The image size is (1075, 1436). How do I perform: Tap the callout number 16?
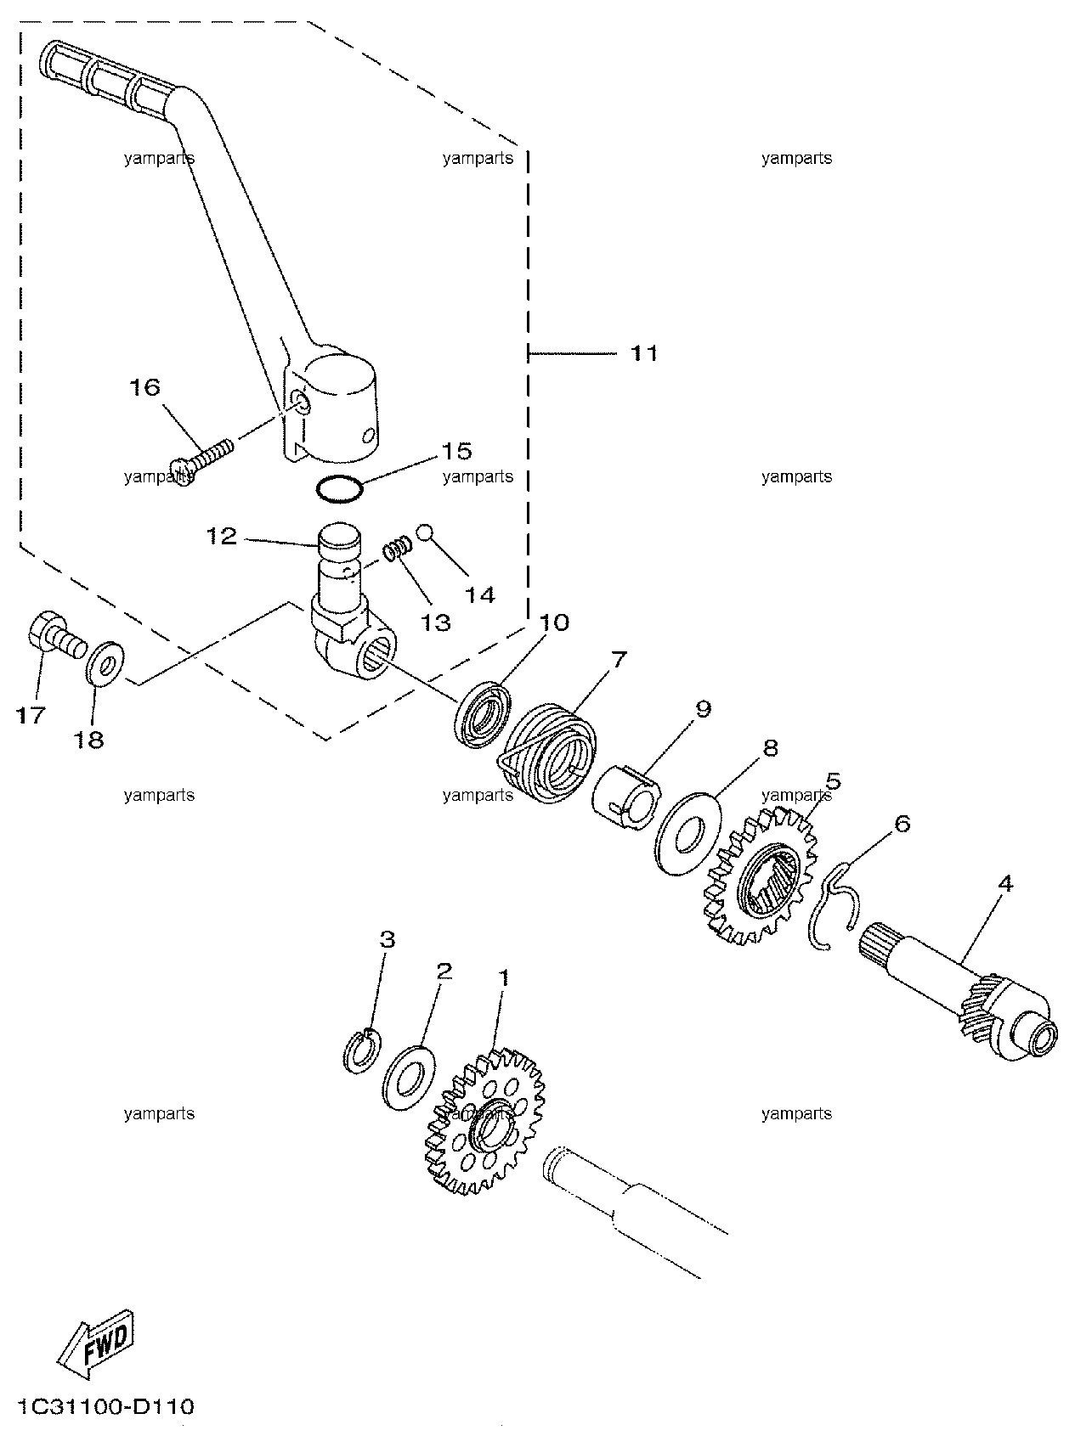144,387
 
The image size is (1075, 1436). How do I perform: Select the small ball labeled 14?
426,532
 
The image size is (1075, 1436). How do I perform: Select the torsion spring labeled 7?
545,746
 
